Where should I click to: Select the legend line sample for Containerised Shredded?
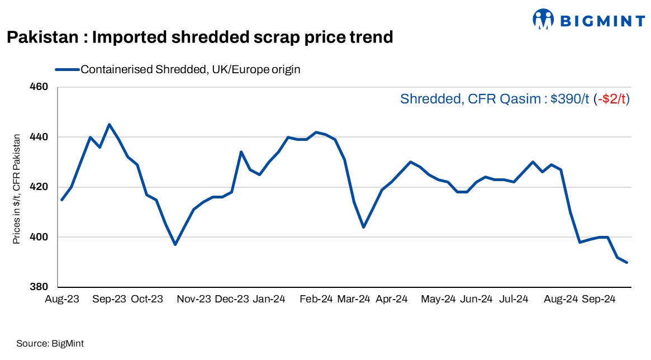tap(67, 69)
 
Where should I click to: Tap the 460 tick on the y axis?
tap(41, 87)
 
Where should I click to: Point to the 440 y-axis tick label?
tap(41, 137)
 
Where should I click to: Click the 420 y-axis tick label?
tap(41, 187)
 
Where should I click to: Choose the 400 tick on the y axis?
tap(41, 237)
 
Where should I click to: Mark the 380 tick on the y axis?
tap(41, 287)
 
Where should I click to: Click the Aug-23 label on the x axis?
tap(62, 299)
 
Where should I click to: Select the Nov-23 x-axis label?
tap(193, 299)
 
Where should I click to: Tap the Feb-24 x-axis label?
tap(316, 299)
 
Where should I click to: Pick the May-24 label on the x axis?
tap(438, 299)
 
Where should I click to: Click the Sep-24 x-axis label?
tap(598, 299)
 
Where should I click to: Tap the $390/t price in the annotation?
tap(569, 99)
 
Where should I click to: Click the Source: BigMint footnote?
tap(50, 343)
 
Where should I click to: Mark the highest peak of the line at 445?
tap(109, 125)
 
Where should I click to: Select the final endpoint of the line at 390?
tap(627, 262)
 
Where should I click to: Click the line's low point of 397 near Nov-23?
tap(175, 244)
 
